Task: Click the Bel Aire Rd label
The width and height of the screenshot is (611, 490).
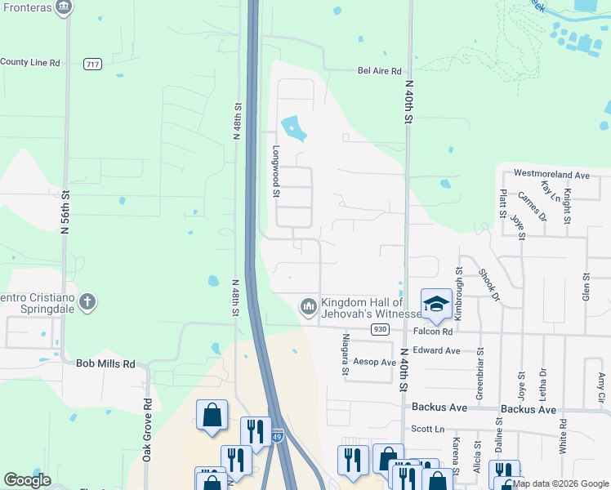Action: click(380, 71)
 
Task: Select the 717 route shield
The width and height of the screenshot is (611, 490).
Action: click(91, 63)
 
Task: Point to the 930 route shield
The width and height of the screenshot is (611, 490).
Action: click(378, 329)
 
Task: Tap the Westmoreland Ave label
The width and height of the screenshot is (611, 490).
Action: click(551, 175)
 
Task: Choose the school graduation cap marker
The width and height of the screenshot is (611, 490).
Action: click(436, 304)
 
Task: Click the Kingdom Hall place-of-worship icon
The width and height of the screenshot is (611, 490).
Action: click(308, 306)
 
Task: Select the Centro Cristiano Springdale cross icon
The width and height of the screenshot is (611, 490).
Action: click(87, 303)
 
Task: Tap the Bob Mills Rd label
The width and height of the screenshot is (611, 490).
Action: click(105, 363)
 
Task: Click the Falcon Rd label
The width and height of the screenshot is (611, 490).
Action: click(433, 332)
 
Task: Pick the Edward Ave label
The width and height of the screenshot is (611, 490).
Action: click(437, 350)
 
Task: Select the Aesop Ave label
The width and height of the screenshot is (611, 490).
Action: click(374, 361)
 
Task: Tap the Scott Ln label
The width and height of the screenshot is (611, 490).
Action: click(427, 428)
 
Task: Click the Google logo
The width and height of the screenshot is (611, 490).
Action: click(27, 480)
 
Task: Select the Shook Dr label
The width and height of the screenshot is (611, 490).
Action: click(489, 285)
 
